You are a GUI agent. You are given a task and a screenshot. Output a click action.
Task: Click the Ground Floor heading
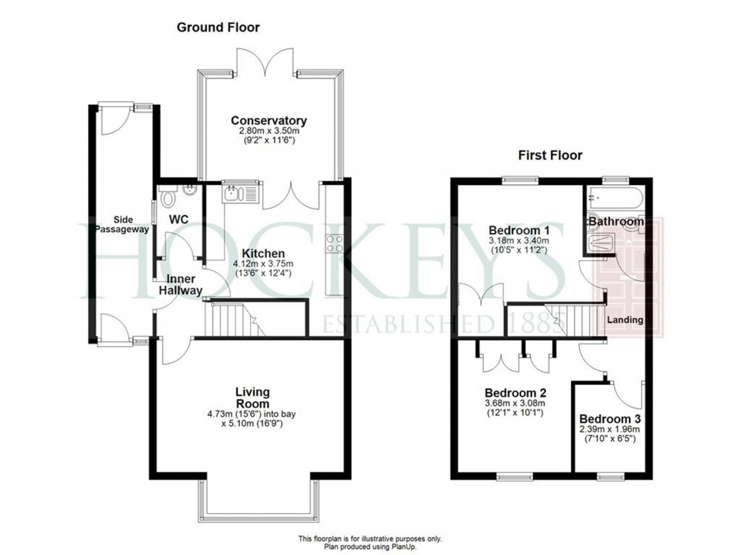click(x=217, y=28)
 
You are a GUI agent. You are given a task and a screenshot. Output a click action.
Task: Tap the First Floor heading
click(x=550, y=155)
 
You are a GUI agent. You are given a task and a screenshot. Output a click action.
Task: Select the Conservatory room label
click(x=268, y=121)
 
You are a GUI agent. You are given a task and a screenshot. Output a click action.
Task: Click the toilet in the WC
click(x=168, y=196)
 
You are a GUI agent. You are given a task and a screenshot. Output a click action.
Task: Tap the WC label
click(x=178, y=220)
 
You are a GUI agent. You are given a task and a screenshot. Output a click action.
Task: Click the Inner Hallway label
click(x=180, y=285)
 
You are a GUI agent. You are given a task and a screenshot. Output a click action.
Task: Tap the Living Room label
click(x=252, y=397)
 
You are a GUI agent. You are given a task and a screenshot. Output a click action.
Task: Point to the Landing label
click(x=625, y=320)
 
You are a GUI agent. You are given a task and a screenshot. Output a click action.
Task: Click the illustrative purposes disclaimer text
click(x=370, y=539)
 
